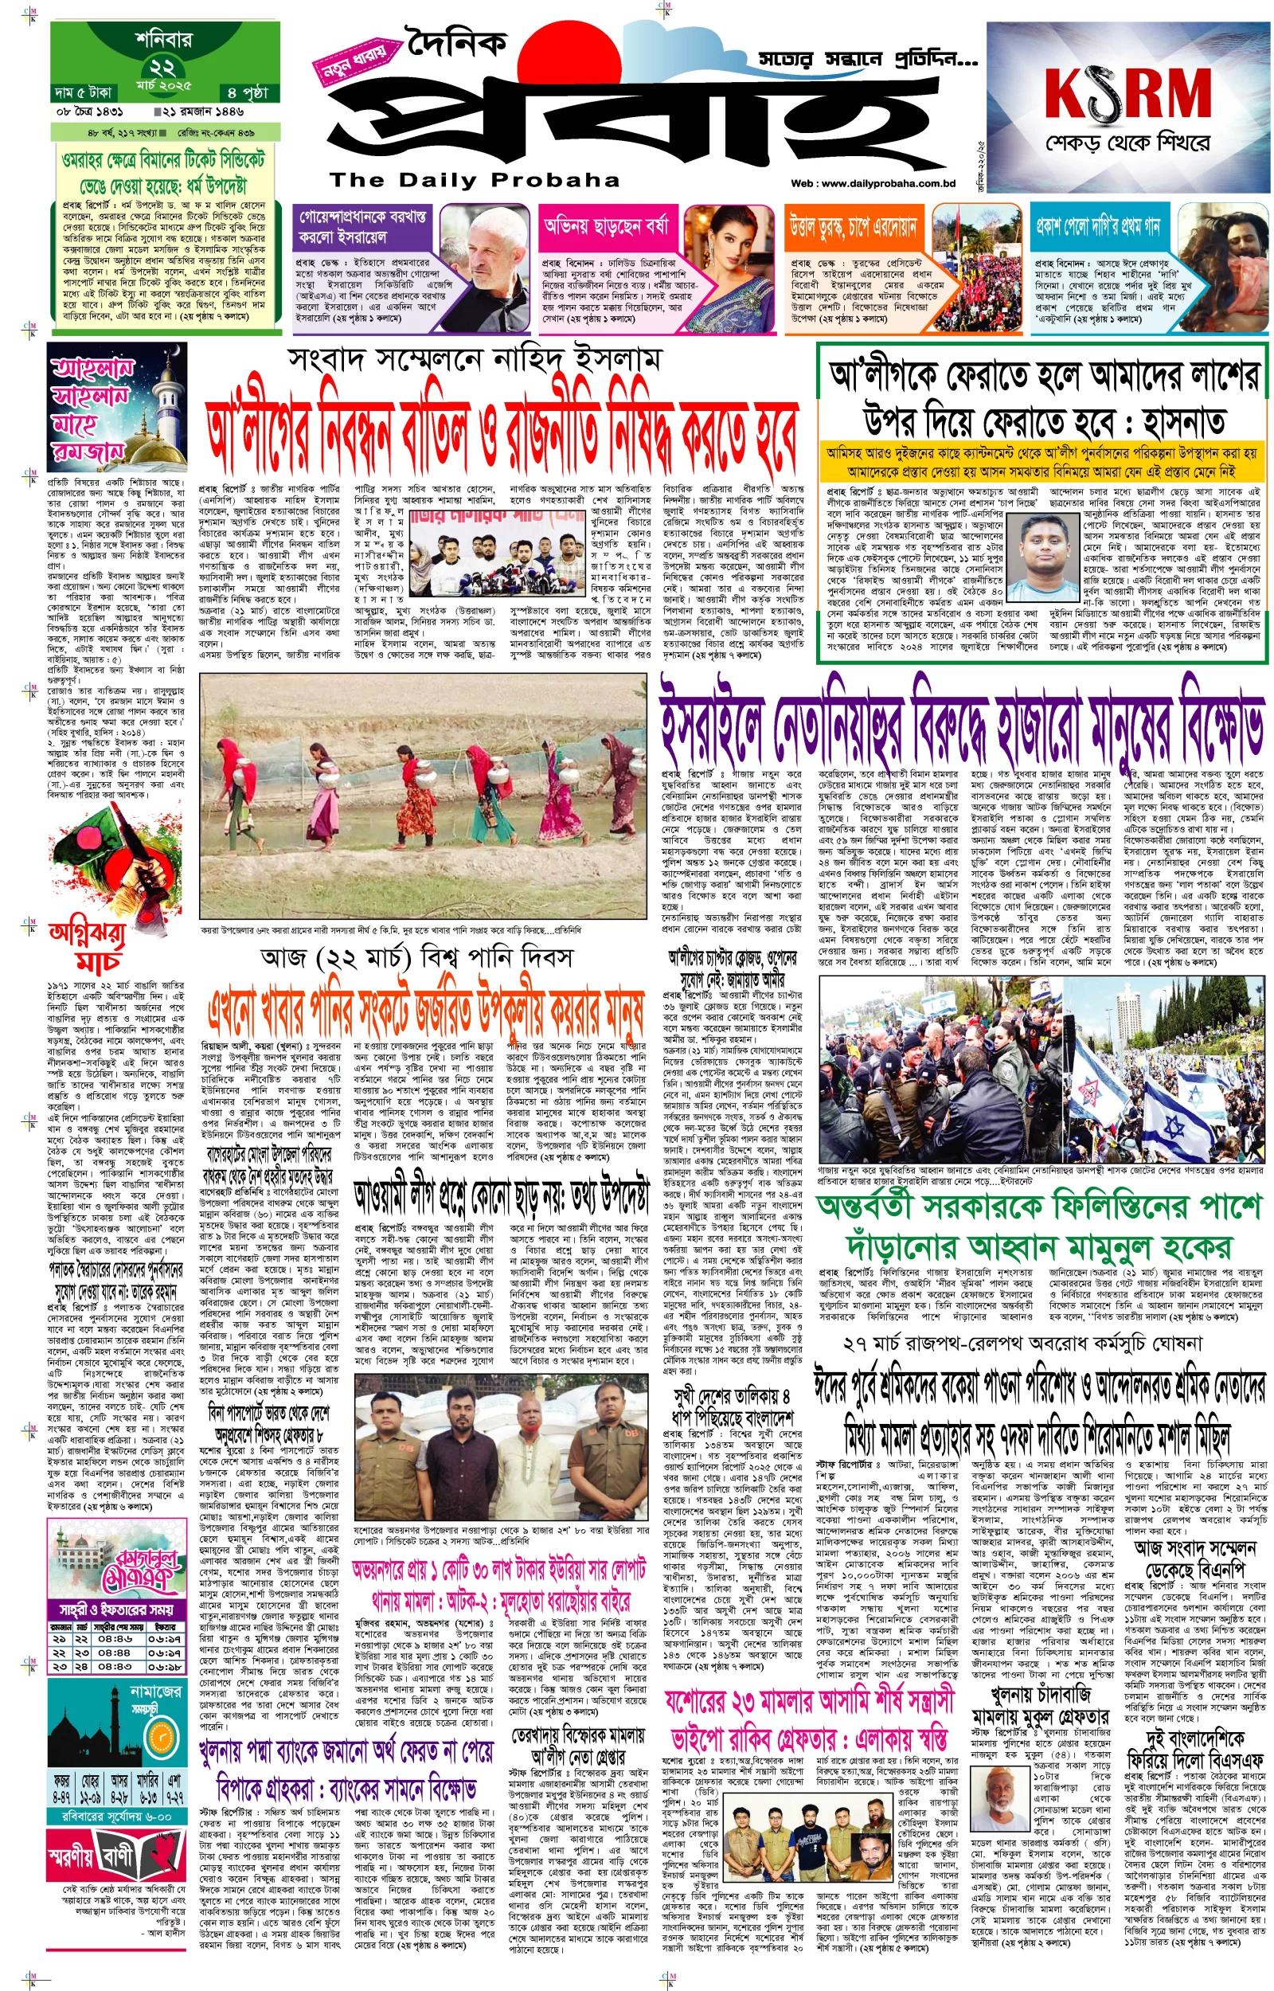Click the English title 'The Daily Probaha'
pyautogui.click(x=474, y=179)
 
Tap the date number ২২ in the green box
pyautogui.click(x=162, y=67)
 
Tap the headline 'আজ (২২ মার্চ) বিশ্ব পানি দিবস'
pyautogui.click(x=416, y=957)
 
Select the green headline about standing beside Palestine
pyautogui.click(x=1039, y=1227)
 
